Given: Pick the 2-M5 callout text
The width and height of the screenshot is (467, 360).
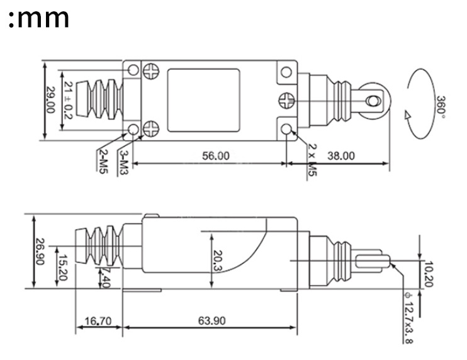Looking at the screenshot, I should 102,162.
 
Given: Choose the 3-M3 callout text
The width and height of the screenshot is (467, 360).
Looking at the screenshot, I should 125,162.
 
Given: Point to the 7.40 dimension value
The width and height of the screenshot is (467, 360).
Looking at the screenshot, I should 105,277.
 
